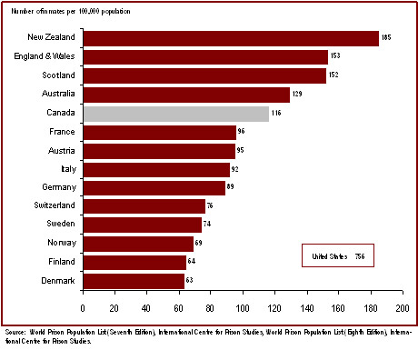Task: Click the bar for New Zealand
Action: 231,37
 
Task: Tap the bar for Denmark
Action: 134,281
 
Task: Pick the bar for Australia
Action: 186,95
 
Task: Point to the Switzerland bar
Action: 144,206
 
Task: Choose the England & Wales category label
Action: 47,56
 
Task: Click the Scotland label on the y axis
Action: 59,75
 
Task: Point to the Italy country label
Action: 67,169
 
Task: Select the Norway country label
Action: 61,244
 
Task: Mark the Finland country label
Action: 61,262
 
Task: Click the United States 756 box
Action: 337,257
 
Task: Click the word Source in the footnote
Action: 15,334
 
